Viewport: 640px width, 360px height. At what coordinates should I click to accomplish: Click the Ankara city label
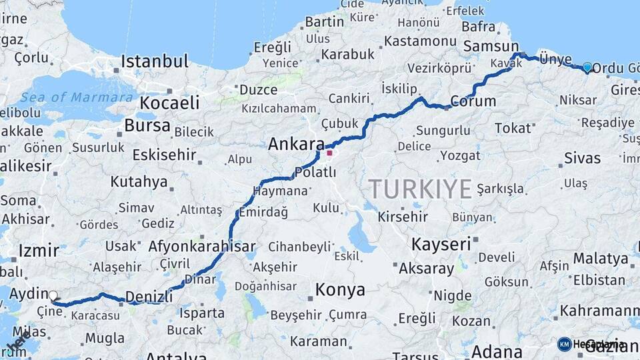(x=296, y=144)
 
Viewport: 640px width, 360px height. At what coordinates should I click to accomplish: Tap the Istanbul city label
(x=155, y=62)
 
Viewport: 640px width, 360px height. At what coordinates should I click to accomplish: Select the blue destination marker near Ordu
(x=587, y=67)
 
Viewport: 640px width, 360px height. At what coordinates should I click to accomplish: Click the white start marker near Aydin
(x=53, y=295)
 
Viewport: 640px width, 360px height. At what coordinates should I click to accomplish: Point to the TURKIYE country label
(x=421, y=189)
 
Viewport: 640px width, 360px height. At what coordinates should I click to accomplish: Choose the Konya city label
(x=340, y=289)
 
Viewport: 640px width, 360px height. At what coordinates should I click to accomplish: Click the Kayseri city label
(x=441, y=244)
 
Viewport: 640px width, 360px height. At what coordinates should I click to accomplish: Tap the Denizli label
(x=149, y=296)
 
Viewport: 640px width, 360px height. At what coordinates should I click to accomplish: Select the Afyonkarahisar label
(x=201, y=246)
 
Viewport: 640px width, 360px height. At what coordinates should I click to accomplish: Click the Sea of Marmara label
(x=77, y=97)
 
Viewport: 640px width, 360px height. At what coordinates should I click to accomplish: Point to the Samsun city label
(x=487, y=46)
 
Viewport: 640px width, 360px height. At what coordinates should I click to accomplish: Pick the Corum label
(x=473, y=101)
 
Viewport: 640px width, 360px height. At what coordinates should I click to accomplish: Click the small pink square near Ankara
(x=329, y=153)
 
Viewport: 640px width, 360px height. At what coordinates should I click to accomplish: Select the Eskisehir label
(x=164, y=155)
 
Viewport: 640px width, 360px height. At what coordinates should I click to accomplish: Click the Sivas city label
(x=582, y=159)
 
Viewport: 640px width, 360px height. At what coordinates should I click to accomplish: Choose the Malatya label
(x=601, y=258)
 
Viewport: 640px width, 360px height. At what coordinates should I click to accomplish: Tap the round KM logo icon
(x=565, y=344)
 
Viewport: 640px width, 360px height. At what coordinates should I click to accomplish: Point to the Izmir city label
(x=39, y=251)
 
